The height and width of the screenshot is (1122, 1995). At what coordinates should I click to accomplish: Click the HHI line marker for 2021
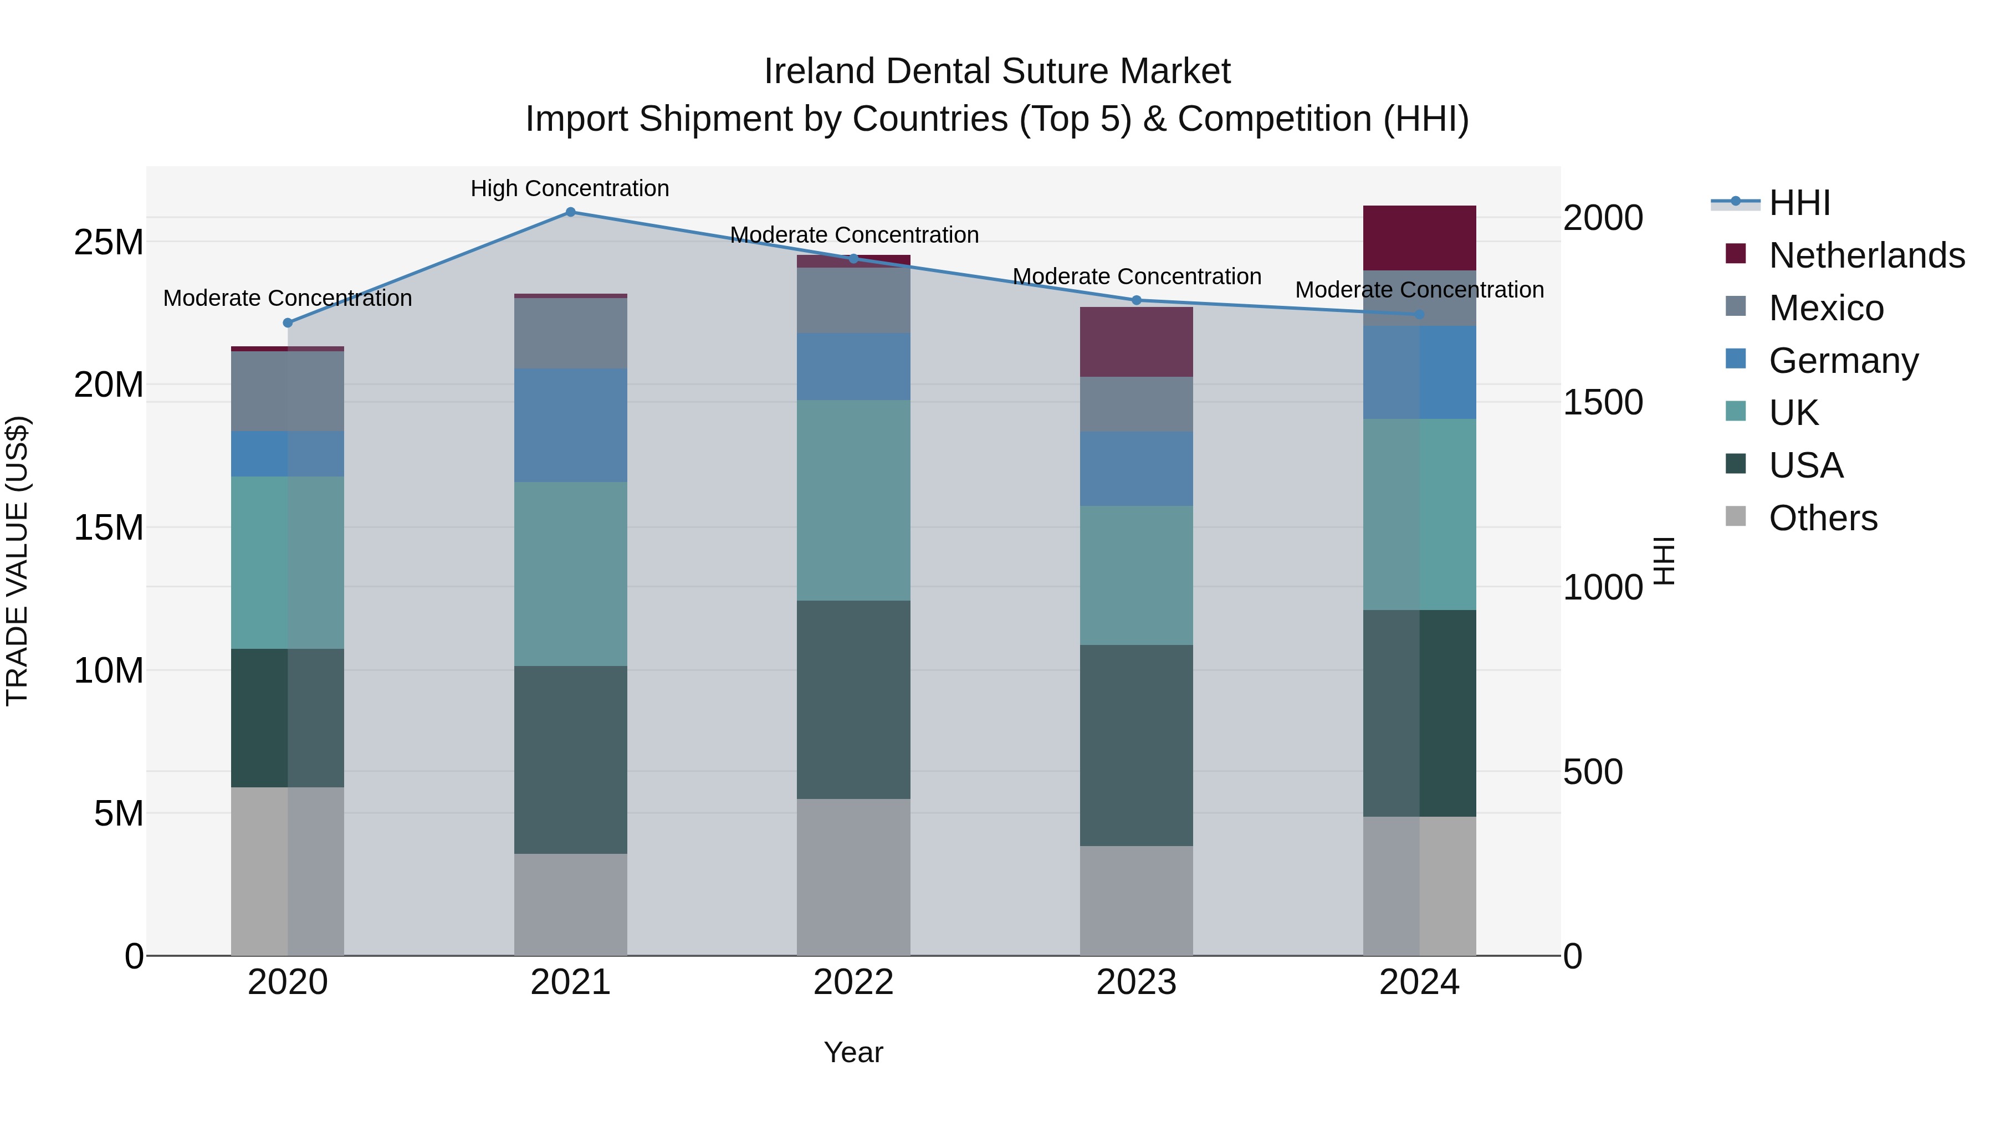point(570,212)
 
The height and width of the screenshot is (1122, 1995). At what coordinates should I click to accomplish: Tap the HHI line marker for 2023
point(1136,300)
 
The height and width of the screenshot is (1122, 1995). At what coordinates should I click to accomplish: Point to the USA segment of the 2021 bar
point(570,760)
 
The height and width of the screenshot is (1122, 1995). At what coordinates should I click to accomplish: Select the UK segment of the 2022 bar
point(853,500)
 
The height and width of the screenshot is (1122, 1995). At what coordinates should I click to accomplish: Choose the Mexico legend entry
point(1825,308)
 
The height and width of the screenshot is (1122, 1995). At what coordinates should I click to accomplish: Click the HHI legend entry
point(1799,203)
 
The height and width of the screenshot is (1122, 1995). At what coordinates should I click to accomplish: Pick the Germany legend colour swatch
point(1736,359)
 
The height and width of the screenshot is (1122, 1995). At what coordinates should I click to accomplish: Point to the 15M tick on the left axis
point(109,528)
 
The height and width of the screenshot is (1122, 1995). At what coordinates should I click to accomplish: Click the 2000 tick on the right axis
point(1602,218)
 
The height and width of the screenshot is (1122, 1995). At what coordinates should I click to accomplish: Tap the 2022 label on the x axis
point(853,982)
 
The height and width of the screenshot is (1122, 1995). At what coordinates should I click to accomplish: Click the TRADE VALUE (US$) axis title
point(17,561)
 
